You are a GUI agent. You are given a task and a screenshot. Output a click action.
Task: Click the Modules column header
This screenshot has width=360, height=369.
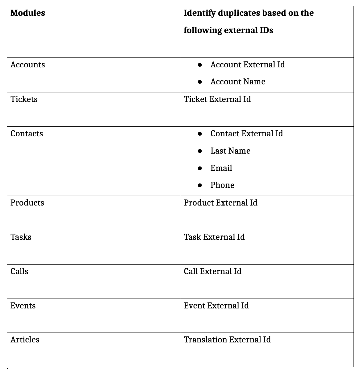coord(27,13)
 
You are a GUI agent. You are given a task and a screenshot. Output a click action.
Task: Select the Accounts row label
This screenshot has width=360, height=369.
coord(27,65)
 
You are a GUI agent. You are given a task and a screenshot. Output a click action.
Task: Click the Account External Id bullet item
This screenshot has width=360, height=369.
coord(247,65)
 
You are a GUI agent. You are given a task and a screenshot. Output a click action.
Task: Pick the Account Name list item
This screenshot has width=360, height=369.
coord(238,82)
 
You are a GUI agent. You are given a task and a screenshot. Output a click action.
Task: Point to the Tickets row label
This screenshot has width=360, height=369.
coord(24,99)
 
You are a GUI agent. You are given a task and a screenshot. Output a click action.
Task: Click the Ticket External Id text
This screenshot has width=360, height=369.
coord(217,99)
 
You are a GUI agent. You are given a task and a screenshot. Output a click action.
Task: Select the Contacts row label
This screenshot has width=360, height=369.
coord(27,134)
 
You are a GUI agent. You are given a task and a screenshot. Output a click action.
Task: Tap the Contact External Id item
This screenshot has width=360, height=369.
coord(246,134)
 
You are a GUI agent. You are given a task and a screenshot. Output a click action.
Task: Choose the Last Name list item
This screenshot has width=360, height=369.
coord(230,151)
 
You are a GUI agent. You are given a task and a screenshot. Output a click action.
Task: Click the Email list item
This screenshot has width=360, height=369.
coord(221,168)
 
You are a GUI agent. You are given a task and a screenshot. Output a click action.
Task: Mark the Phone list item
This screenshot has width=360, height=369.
coord(222,185)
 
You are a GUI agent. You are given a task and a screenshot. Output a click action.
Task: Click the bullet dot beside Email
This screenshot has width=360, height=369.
coord(200,168)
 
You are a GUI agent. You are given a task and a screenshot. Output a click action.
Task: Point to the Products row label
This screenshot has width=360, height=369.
coord(27,203)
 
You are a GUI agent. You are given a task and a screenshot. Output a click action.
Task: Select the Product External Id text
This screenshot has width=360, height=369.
coord(220,203)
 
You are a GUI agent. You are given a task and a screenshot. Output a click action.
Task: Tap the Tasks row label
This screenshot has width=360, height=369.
coord(21,237)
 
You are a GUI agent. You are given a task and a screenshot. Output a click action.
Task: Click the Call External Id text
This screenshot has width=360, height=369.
coord(212,271)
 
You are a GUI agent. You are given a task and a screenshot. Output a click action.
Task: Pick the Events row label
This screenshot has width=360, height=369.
coord(23,306)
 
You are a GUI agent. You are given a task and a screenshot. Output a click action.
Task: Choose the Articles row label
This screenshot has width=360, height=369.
coord(25,340)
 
